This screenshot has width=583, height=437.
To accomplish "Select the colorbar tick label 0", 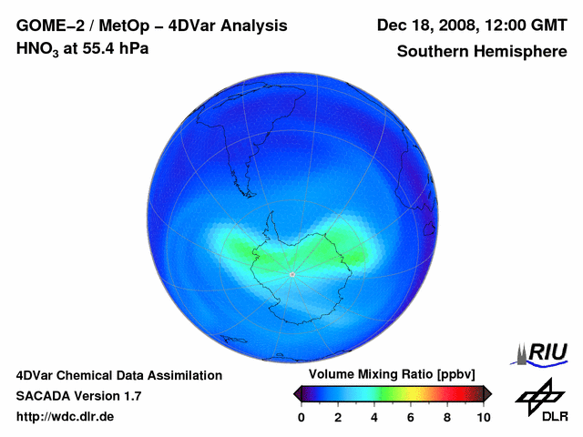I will point(302,417).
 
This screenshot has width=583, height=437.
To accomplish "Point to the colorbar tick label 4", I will point(374,417).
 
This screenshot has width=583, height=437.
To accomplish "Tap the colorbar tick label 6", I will point(411,417).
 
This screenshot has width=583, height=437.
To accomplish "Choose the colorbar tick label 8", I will point(447,417).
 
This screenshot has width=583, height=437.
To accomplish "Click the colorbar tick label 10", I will point(483,417).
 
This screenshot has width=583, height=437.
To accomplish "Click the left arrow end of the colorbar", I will point(297,393).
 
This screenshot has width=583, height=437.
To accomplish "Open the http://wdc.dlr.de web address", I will point(66,417).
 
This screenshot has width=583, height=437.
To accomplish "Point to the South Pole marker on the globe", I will point(291,274).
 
